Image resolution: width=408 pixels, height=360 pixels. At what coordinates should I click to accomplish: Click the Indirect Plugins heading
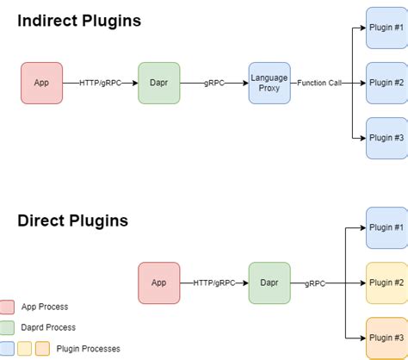pos(79,21)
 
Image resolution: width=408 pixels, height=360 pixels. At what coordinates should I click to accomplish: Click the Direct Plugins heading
pos(72,220)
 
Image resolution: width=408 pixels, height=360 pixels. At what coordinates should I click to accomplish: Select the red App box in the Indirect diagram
pos(41,83)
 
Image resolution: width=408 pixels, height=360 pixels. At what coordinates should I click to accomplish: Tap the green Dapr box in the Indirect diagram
pos(158,83)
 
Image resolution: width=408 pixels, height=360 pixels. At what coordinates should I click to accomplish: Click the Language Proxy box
pos(269,83)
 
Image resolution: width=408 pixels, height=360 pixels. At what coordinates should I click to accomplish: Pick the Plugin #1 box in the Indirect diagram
pos(386,28)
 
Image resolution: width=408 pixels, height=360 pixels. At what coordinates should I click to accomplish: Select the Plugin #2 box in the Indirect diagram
pos(386,83)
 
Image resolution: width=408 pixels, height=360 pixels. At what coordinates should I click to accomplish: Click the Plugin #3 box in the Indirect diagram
pos(386,138)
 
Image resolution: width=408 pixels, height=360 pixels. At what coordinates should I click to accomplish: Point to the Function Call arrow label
pos(320,83)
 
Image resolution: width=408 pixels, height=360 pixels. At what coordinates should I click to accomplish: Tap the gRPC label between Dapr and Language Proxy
pos(214,83)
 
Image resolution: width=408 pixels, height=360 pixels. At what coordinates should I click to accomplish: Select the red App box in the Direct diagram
pos(158,282)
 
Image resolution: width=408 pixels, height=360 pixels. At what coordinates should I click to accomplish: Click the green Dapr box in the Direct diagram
pos(269,282)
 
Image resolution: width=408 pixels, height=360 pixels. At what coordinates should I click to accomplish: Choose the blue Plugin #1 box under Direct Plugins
pos(386,228)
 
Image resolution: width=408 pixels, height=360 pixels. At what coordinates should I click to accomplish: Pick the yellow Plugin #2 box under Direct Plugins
pos(386,282)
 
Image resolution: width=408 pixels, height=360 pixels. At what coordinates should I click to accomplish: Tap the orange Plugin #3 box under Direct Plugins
pos(386,338)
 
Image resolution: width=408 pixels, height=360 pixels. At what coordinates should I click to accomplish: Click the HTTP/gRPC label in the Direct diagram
pos(214,282)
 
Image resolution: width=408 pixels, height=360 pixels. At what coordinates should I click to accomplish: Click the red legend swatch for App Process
pos(8,307)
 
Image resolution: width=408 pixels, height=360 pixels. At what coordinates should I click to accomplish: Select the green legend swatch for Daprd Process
pos(8,327)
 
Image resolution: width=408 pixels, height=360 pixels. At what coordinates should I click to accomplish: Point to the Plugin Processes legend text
pos(89,349)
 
